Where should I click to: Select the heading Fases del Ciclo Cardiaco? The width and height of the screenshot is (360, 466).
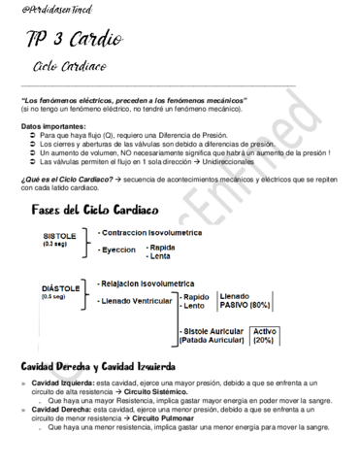pos(95,209)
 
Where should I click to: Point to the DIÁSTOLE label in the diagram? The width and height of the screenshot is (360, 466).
pos(62,288)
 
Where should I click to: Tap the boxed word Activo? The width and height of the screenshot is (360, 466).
pos(264,331)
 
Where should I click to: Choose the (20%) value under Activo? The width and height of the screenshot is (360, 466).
pos(263,341)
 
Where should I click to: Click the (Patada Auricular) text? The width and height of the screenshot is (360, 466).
pos(213,341)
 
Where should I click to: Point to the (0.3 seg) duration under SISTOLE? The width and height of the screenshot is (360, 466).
pos(56,245)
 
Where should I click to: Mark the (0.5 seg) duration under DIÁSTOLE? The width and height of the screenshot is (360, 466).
pos(56,297)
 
